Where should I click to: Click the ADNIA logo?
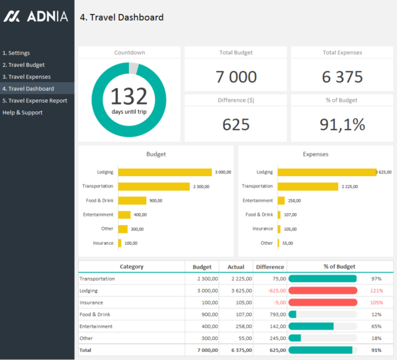pos(36,17)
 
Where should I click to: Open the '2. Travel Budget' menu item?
pos(25,65)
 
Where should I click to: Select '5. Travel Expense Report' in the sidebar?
pos(34,101)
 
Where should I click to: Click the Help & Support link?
pos(22,112)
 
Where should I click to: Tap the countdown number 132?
pos(128,97)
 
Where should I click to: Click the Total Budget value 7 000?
pos(236,77)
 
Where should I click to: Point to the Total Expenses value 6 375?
pos(342,77)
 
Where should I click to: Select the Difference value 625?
pos(236,124)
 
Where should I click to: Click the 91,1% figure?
pos(342,124)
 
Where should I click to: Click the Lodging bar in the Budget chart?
pos(165,172)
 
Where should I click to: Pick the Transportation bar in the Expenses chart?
pos(313,186)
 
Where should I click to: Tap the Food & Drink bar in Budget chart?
pos(132,201)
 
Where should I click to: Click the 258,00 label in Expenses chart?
pos(294,201)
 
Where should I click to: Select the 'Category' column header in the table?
pos(131,267)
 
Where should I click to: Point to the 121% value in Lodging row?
pos(376,291)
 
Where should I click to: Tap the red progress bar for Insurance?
pos(323,302)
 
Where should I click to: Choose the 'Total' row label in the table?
pos(86,349)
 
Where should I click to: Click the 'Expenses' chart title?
pos(316,154)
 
